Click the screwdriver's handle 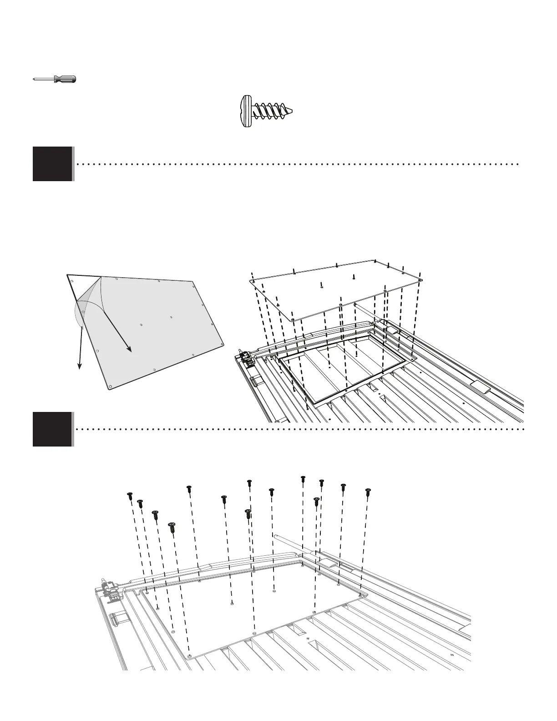(x=65, y=79)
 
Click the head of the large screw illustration (x=246, y=111)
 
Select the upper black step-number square (x=52, y=164)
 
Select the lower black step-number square (x=52, y=429)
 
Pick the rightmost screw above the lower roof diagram (x=368, y=491)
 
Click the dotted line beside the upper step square (x=296, y=163)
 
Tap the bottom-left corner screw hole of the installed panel (x=189, y=656)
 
